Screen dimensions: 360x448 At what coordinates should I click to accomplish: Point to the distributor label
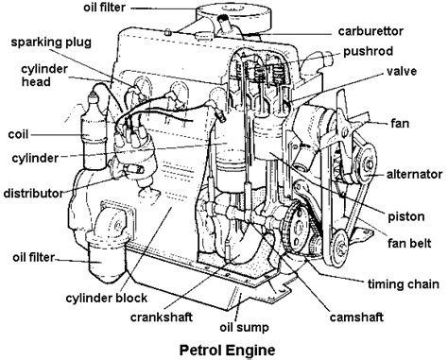point(34,193)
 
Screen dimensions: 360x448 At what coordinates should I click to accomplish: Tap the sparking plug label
point(52,43)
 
